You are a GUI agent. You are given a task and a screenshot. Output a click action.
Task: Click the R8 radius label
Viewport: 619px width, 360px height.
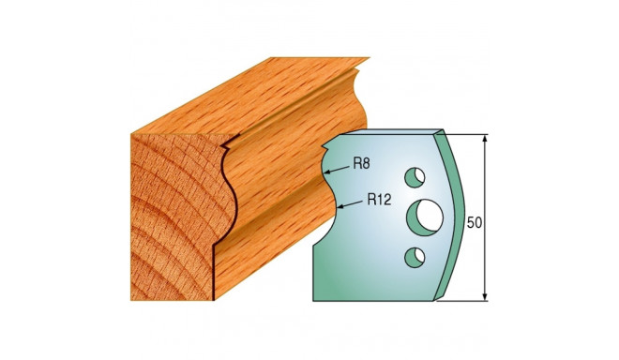click(x=361, y=163)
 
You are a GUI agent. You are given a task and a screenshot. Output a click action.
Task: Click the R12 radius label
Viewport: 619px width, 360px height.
click(x=379, y=200)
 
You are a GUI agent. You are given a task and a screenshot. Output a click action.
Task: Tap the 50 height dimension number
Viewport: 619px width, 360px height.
click(x=475, y=222)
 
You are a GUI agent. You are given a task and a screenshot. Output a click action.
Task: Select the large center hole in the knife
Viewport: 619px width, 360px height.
click(x=425, y=217)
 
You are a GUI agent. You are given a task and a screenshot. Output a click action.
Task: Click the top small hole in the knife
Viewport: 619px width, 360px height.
click(x=415, y=177)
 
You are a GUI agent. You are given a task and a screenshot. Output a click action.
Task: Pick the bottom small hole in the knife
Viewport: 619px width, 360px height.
click(x=415, y=257)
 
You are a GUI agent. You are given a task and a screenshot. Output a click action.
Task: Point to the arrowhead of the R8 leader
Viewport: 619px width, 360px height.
click(x=326, y=172)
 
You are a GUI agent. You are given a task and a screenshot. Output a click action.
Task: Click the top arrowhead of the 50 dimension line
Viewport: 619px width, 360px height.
click(x=485, y=139)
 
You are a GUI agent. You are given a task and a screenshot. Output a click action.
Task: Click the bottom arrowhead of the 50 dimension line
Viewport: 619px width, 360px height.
click(x=485, y=296)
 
